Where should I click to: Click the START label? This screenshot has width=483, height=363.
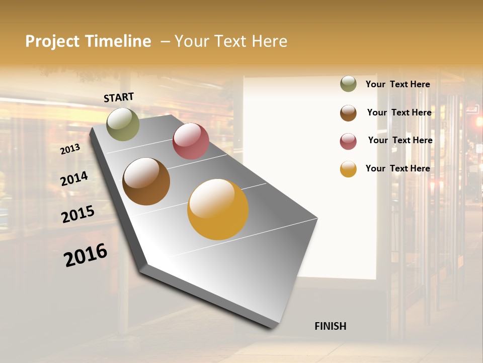point(119,97)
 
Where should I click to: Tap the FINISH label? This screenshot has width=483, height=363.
point(330,326)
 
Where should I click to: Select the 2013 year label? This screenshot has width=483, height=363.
point(70,149)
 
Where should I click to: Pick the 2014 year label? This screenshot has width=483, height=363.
point(74,178)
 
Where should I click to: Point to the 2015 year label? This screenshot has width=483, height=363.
point(78,214)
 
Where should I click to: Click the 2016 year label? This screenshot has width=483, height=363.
point(86,255)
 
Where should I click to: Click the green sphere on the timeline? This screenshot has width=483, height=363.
point(123,124)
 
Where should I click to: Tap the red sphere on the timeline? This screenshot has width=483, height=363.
point(191,141)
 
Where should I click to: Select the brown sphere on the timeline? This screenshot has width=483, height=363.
point(146,181)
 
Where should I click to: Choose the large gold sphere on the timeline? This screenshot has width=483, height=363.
point(218,209)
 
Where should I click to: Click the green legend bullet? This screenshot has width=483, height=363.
point(348,84)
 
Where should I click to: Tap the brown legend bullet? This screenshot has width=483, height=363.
point(348,113)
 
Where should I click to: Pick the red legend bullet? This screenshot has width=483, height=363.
point(348,141)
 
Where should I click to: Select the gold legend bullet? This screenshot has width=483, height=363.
point(348,169)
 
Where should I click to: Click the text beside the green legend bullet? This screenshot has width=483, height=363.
point(397,84)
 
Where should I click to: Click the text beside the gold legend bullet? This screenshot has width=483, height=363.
point(397,168)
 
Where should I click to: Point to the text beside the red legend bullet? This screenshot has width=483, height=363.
point(400,140)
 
